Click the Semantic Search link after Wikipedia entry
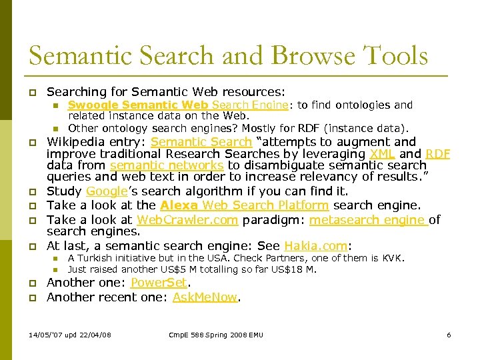201,142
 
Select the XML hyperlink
382,154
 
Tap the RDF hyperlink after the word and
438,154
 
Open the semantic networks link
167,165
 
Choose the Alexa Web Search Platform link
245,205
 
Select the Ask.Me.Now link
205,297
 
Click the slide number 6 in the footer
449,335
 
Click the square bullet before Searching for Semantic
32,92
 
